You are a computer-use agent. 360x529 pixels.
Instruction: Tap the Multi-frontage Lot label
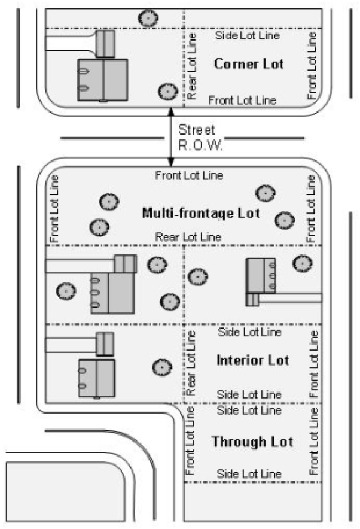201,213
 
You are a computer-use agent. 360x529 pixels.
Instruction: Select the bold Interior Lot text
253,360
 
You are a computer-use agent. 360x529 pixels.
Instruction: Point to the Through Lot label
252,442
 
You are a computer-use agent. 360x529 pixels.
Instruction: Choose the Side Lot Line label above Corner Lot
247,36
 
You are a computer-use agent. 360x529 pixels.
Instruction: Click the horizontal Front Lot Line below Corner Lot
242,100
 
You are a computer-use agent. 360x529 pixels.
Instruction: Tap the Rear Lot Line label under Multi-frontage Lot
188,237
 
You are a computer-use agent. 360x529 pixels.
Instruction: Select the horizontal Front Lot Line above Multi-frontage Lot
189,175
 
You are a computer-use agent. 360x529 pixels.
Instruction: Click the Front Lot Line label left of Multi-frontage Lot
55,208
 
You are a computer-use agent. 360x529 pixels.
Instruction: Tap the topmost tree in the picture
146,18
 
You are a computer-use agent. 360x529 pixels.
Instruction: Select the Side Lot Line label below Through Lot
249,473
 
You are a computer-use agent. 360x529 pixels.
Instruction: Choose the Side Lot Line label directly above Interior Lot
249,332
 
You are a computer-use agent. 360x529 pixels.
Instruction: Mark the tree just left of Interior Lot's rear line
160,366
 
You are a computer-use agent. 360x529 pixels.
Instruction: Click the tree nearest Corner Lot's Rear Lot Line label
166,92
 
